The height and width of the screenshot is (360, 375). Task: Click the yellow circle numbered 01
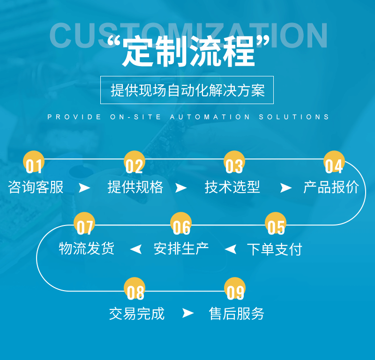34,162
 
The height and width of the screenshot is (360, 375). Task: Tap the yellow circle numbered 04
334,162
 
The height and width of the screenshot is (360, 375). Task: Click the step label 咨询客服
36,187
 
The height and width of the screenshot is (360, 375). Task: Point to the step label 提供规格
135,187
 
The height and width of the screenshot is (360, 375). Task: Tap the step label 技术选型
232,187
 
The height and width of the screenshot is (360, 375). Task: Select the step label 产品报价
331,187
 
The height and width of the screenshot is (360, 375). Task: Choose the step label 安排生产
181,249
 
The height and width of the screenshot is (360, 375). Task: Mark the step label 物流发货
87,249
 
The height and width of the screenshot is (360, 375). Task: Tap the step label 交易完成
137,313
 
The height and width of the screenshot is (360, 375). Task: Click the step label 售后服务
237,313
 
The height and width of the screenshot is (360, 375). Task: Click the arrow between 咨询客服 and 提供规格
84,188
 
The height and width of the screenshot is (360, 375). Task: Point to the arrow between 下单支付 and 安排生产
230,249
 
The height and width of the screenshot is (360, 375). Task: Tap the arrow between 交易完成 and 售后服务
187,313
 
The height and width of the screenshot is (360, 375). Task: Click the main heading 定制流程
188,52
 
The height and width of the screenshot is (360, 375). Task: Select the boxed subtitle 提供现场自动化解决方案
187,90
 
